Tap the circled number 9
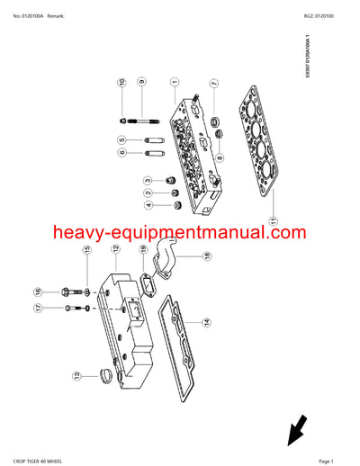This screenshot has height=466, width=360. click(x=141, y=84)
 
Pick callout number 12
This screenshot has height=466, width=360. click(x=115, y=249)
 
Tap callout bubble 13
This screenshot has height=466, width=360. click(x=76, y=375)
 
